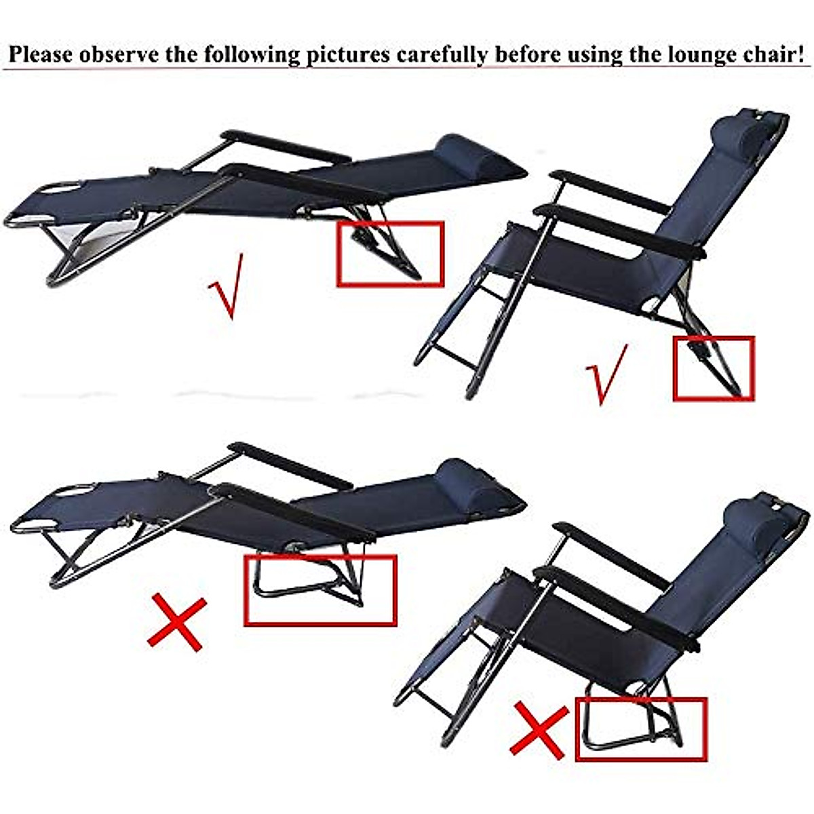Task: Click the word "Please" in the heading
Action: click(x=41, y=54)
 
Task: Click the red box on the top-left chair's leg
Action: click(x=390, y=254)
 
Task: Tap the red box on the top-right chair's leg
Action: click(x=713, y=368)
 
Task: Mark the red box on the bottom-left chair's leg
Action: click(x=319, y=589)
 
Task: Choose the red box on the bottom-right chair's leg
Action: click(x=640, y=729)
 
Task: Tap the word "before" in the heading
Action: click(x=528, y=54)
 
